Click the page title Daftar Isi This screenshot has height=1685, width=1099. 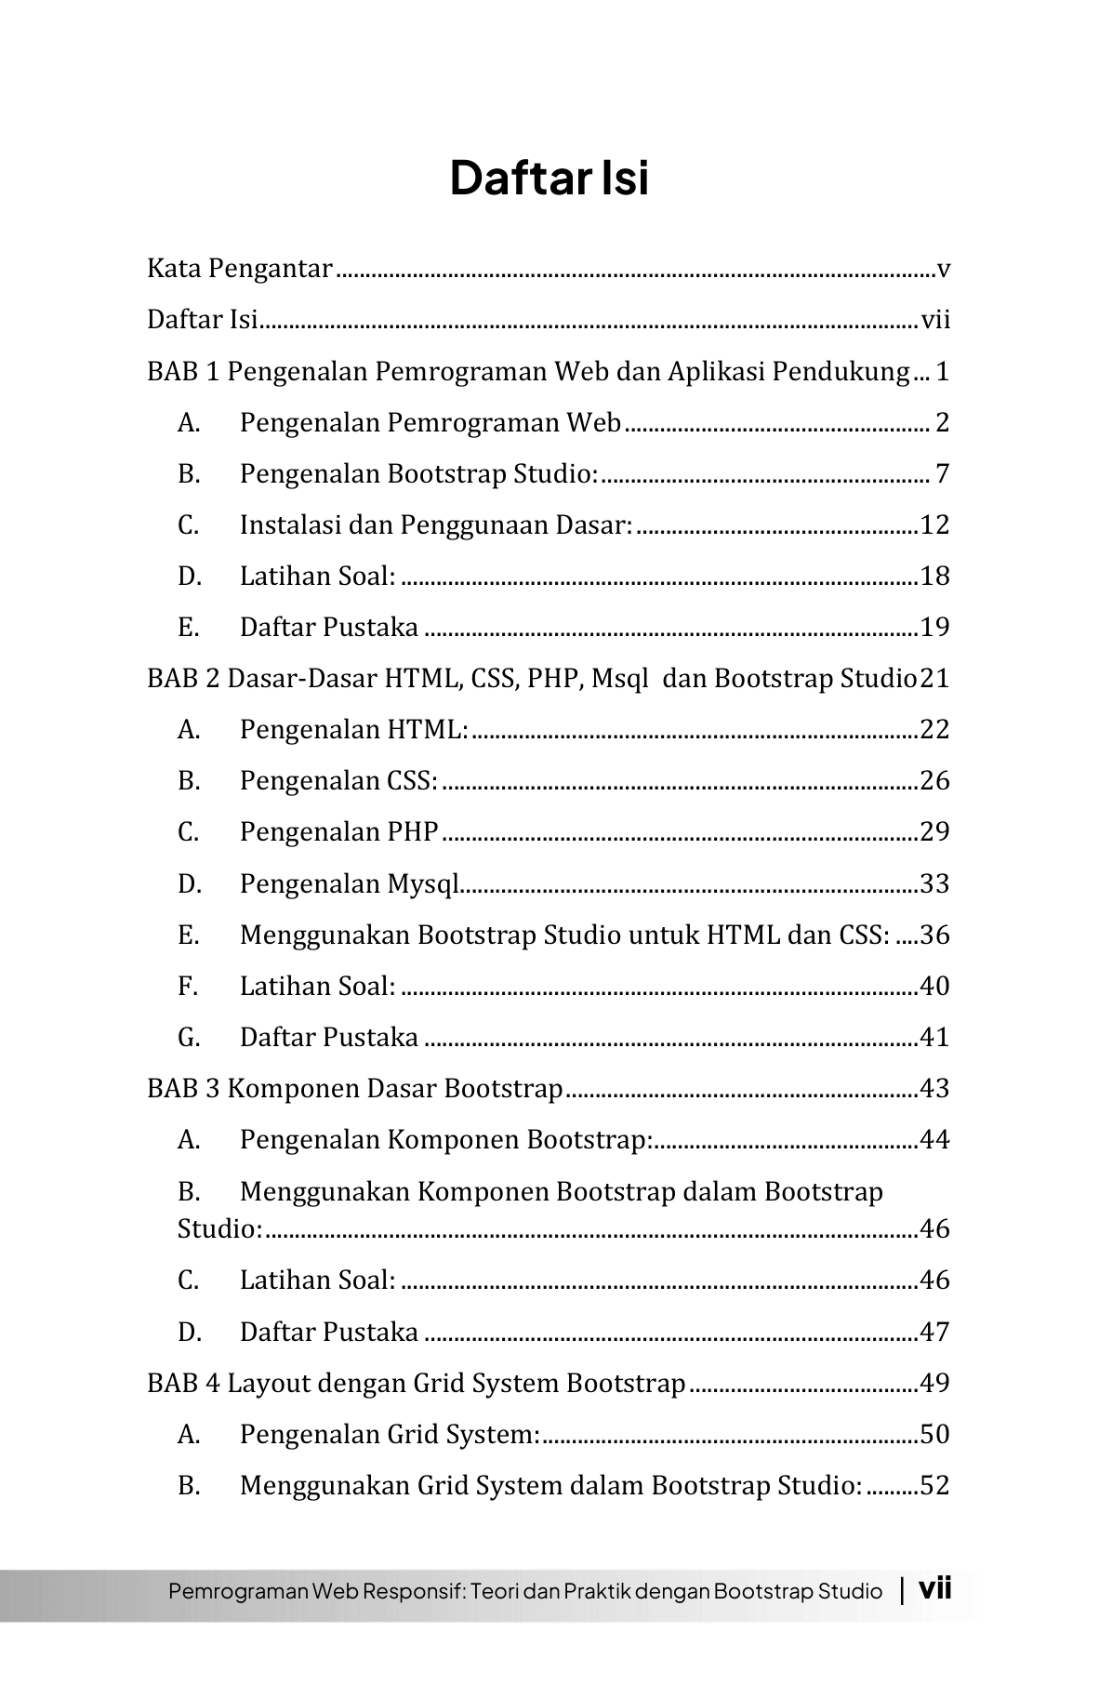[x=549, y=178]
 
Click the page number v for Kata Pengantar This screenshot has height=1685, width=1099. [x=943, y=270]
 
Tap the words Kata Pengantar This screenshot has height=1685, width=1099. [x=239, y=270]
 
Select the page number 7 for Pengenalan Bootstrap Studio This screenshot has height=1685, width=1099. [x=942, y=474]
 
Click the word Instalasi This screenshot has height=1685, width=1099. [x=280, y=525]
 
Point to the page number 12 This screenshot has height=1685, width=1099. [x=934, y=525]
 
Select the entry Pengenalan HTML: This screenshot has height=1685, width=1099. [x=353, y=730]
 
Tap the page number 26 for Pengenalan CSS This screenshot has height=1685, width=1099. [x=934, y=781]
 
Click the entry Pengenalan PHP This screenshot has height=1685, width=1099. [x=338, y=832]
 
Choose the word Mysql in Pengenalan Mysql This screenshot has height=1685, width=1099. [x=423, y=884]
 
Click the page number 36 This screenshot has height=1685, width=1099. [x=934, y=935]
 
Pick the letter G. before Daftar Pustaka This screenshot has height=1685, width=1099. [x=189, y=1038]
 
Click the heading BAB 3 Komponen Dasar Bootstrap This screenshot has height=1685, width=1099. [x=355, y=1089]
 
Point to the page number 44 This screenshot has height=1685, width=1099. [x=934, y=1140]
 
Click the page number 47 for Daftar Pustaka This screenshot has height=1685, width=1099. [x=934, y=1333]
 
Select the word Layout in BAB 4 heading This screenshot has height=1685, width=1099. [x=268, y=1384]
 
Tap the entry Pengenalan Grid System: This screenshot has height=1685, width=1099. [x=390, y=1435]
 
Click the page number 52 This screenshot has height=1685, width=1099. [x=934, y=1486]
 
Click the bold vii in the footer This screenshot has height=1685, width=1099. [x=934, y=1588]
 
